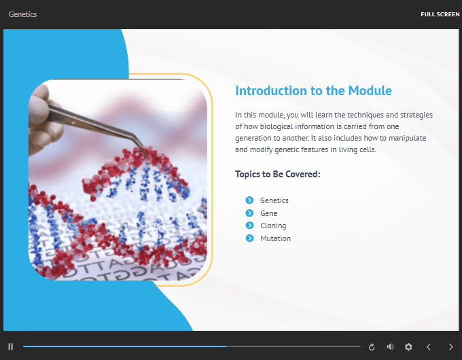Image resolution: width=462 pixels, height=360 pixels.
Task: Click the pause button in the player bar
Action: tap(11, 346)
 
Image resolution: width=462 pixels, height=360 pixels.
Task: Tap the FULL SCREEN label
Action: tap(440, 14)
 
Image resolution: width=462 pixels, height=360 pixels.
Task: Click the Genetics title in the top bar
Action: tap(22, 14)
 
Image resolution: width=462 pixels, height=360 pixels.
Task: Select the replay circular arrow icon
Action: tap(372, 347)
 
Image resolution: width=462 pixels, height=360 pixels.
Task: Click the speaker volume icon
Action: tap(390, 346)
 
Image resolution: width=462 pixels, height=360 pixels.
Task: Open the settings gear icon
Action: tap(408, 346)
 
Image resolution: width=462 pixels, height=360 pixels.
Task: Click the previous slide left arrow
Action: tap(429, 346)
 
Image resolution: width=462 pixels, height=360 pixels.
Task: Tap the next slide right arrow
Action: tap(451, 346)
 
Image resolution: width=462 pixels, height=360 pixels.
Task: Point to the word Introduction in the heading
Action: tap(271, 91)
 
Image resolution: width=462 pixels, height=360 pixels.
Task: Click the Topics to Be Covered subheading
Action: tap(278, 174)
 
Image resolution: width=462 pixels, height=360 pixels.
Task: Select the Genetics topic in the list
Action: tap(274, 200)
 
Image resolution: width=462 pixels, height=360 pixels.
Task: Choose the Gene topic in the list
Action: tap(269, 213)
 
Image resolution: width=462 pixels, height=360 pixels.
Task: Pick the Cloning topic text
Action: tap(273, 226)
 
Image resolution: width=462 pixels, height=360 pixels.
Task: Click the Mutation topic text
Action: tap(275, 238)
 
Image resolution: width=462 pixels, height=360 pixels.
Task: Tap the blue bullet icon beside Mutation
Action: tap(249, 238)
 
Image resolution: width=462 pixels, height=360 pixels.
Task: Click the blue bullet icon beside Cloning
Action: tap(249, 226)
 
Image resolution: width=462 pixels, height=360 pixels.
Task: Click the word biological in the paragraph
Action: tap(277, 126)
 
